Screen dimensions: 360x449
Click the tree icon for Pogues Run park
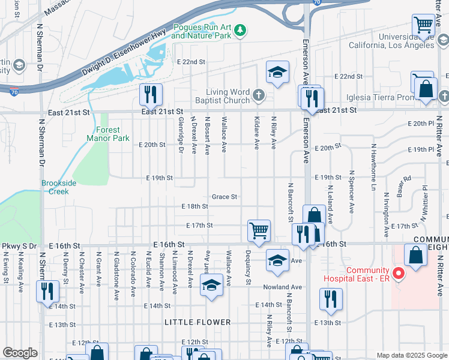point(240,30)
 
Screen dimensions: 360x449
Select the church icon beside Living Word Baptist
point(259,95)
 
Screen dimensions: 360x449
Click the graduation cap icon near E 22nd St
point(277,73)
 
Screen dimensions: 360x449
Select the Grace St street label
point(224,197)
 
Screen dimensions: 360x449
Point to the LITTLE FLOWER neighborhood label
point(197,322)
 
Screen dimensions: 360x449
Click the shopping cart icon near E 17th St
point(259,230)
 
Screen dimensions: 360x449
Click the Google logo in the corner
point(20,353)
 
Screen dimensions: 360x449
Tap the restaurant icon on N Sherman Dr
point(46,291)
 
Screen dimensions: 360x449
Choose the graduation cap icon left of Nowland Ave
point(211,284)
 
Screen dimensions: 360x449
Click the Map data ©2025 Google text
point(411,355)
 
